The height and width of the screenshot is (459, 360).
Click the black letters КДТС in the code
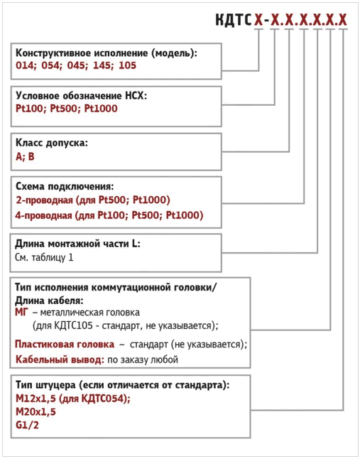(234, 19)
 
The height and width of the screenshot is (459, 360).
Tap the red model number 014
(25, 65)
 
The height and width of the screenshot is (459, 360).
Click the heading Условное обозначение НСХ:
(81, 96)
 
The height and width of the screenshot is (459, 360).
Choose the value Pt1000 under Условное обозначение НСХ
(100, 109)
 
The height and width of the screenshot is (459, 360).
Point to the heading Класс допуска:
(51, 142)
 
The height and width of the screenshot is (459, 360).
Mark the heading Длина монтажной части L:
(78, 244)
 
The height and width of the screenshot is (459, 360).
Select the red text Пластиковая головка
(65, 344)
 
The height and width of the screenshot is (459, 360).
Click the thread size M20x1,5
(36, 411)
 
